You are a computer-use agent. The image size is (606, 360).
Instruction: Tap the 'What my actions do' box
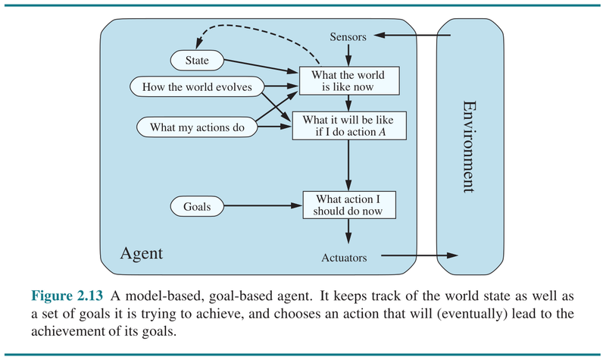(x=198, y=127)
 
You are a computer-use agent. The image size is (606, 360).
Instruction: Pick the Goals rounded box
(x=197, y=205)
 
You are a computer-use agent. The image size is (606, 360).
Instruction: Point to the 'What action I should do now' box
(x=348, y=205)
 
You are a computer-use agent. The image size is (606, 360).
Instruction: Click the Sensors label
(x=348, y=36)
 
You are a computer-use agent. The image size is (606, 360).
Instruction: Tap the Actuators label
(x=344, y=258)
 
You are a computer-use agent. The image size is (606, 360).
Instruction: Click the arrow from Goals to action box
(x=262, y=205)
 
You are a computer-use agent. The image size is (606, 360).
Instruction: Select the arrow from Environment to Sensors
(x=413, y=36)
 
